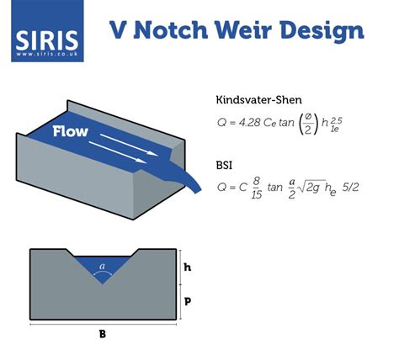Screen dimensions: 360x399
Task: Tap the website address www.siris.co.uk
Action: pyautogui.click(x=47, y=53)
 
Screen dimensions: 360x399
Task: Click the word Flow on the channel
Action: pyautogui.click(x=72, y=132)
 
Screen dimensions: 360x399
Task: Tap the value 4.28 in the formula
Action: pyautogui.click(x=246, y=122)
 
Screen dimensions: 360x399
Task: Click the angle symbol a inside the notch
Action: pyautogui.click(x=102, y=267)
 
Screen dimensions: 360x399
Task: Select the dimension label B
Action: pyautogui.click(x=102, y=334)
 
